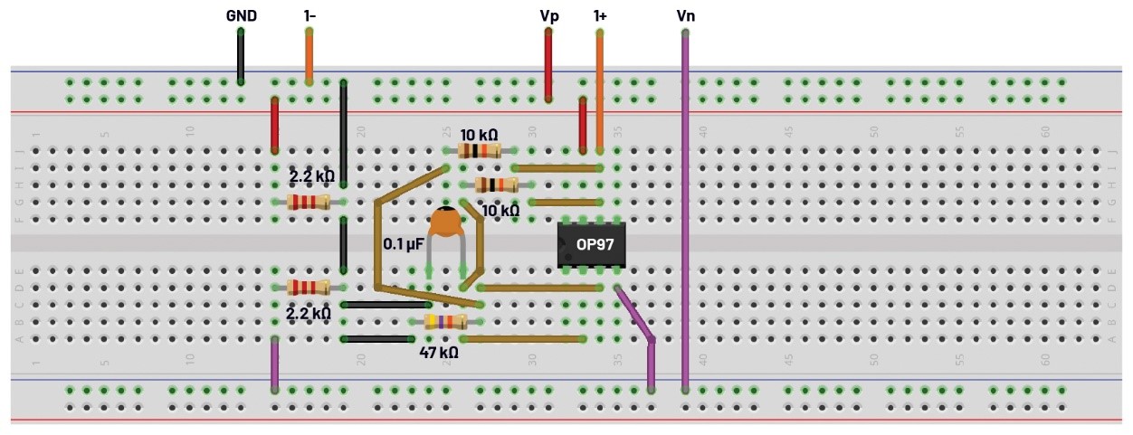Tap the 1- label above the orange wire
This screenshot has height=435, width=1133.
pyautogui.click(x=309, y=15)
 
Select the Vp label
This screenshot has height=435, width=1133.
pyautogui.click(x=548, y=15)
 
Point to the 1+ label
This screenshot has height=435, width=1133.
pyautogui.click(x=600, y=15)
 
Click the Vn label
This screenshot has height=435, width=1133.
pyautogui.click(x=685, y=15)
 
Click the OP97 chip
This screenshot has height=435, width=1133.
pyautogui.click(x=591, y=244)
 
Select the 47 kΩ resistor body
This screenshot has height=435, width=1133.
pyautogui.click(x=445, y=322)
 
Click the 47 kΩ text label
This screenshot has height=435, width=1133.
pyautogui.click(x=438, y=353)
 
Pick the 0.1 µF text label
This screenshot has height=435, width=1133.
pyautogui.click(x=404, y=244)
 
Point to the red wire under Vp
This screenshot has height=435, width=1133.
pyautogui.click(x=548, y=63)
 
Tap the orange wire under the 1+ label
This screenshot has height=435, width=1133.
pyautogui.click(x=600, y=90)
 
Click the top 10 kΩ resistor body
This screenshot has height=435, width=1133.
pyautogui.click(x=480, y=151)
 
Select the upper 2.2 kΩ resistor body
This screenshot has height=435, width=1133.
pyautogui.click(x=309, y=202)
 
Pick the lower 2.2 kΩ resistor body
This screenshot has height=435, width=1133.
pyautogui.click(x=309, y=288)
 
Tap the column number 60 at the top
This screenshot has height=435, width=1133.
pyautogui.click(x=1044, y=131)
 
